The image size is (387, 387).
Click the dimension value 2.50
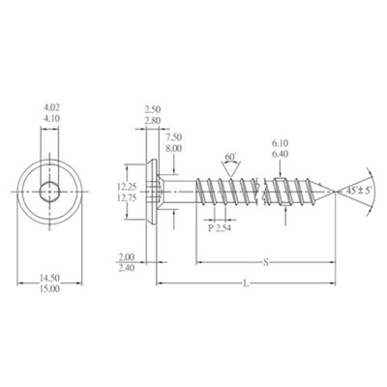pyautogui.click(x=153, y=110)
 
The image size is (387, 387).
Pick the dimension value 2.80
pyautogui.click(x=153, y=121)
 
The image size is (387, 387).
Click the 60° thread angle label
pyautogui.click(x=229, y=157)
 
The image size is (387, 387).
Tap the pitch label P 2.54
pyautogui.click(x=223, y=227)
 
